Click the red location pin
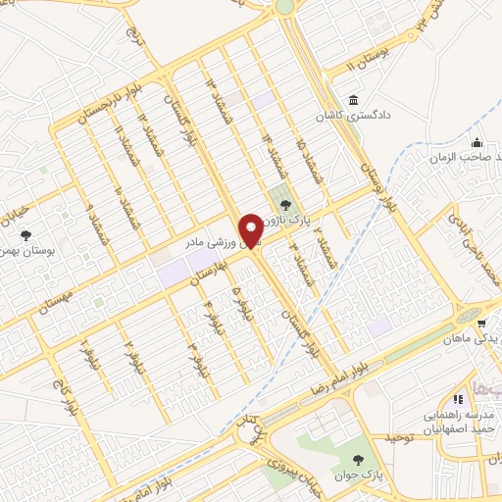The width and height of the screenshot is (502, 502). (253, 229)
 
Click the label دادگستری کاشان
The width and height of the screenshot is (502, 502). (365, 116)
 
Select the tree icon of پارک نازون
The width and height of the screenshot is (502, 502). (284, 205)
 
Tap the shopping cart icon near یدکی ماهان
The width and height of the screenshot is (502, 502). (479, 322)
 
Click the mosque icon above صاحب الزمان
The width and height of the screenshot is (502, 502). (477, 141)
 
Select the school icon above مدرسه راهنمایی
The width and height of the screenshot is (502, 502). (457, 398)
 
